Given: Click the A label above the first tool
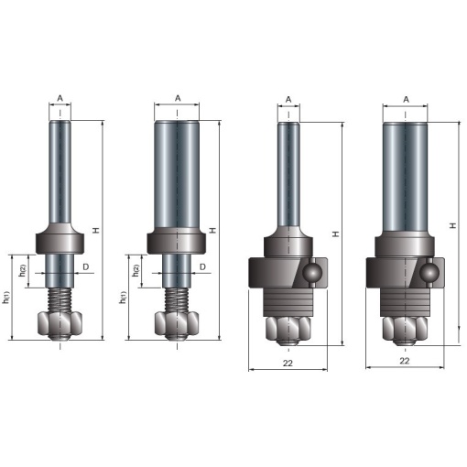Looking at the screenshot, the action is click(x=60, y=98).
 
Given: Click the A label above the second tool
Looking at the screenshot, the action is click(x=178, y=98).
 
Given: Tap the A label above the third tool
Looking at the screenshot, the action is click(x=288, y=100).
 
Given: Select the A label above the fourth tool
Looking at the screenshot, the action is click(x=406, y=100).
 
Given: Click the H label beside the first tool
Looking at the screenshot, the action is click(x=96, y=231).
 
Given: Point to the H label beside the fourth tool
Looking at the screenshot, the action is click(x=453, y=225).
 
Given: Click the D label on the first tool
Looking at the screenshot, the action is click(x=86, y=267).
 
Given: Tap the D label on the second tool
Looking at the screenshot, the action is click(x=202, y=267).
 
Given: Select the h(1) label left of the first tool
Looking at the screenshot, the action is click(x=6, y=298).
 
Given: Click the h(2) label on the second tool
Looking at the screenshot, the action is click(x=136, y=270).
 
